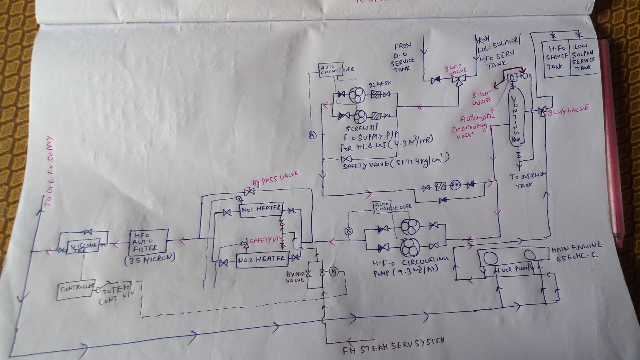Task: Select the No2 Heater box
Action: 262,260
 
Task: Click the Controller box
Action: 76,288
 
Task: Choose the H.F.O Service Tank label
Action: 557,57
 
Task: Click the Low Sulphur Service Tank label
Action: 583,57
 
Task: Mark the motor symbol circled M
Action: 334,272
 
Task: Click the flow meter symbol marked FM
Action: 455,185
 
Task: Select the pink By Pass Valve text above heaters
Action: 275,179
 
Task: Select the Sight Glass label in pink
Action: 482,98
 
